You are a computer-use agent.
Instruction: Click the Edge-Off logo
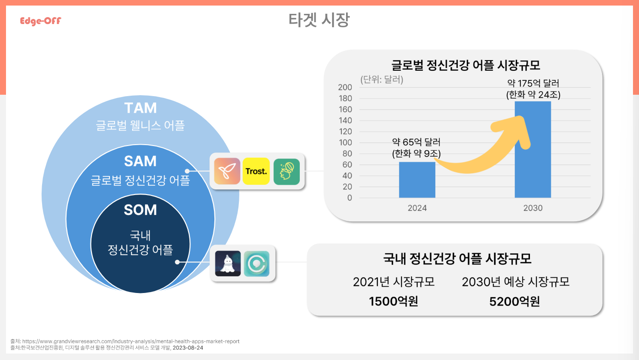(x=41, y=21)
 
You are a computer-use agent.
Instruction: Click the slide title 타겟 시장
(x=319, y=20)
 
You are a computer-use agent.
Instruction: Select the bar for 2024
(x=417, y=180)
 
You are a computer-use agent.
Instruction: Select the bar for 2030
(x=533, y=149)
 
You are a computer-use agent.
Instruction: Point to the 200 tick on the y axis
(x=345, y=87)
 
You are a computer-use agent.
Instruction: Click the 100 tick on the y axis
(x=345, y=142)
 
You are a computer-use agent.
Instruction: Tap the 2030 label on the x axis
(x=533, y=208)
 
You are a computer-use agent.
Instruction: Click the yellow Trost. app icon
(x=256, y=171)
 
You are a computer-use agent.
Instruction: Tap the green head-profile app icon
(x=286, y=172)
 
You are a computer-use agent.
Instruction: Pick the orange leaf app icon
(x=227, y=171)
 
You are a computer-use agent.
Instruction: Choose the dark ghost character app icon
(x=228, y=263)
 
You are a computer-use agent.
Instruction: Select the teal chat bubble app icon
(x=256, y=263)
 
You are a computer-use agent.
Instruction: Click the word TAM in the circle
(x=140, y=108)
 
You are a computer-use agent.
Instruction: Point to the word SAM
(x=140, y=161)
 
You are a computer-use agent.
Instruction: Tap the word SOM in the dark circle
(x=140, y=210)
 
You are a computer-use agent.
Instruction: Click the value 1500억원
(x=393, y=301)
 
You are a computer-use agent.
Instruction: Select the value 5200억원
(x=514, y=301)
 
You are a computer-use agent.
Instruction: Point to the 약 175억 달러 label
(x=533, y=83)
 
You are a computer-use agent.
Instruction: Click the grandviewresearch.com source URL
(x=131, y=341)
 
